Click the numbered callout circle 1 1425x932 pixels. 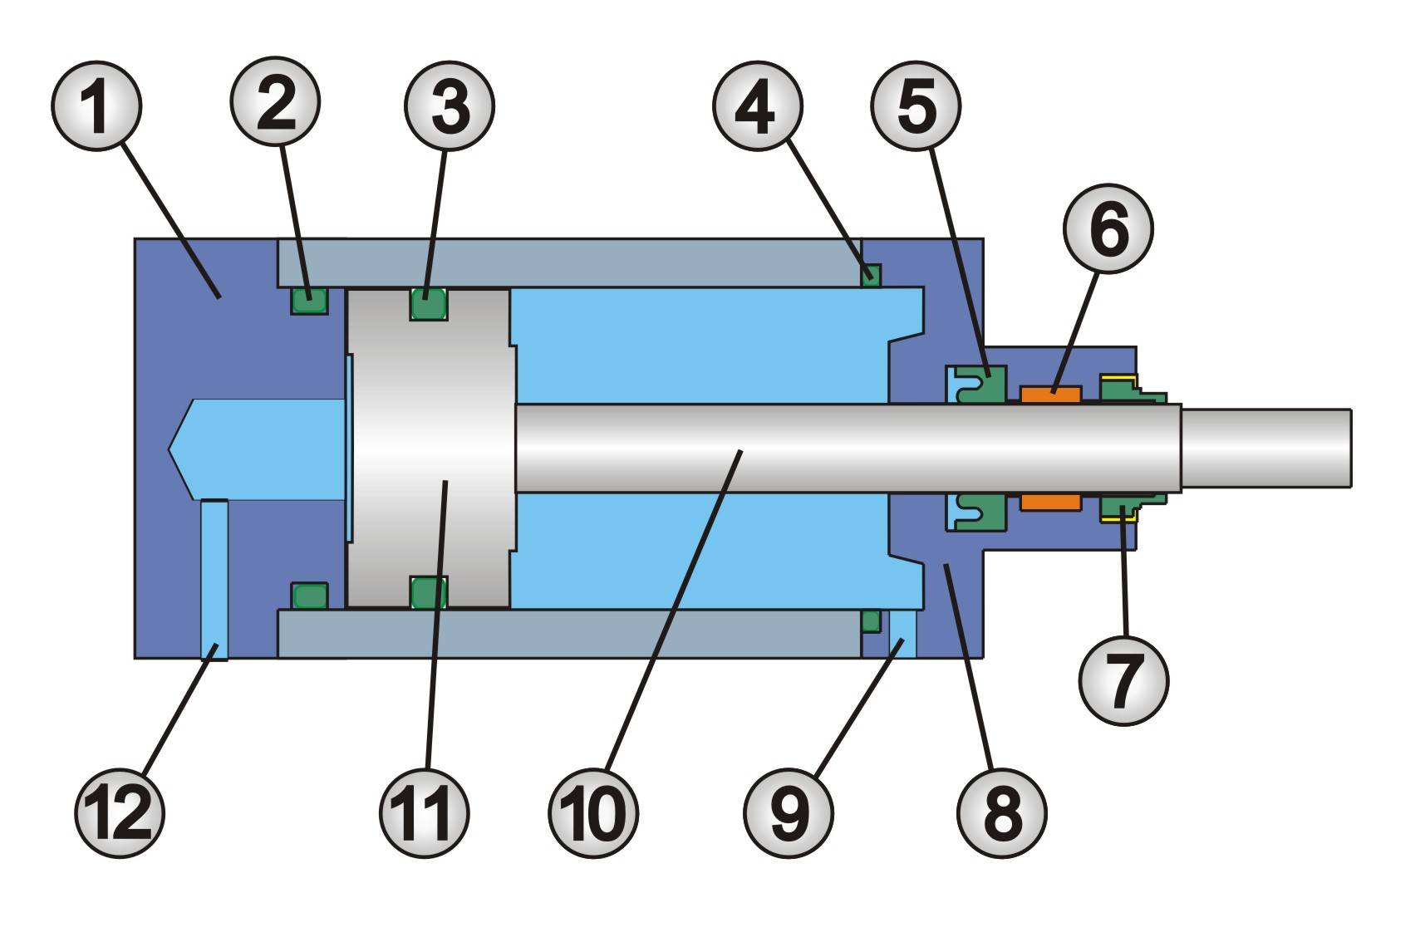(96, 105)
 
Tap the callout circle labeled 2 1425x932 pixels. (275, 102)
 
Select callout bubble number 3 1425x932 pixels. (450, 105)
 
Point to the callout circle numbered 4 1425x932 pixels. (757, 105)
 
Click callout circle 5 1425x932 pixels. (916, 105)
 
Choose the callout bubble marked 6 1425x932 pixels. (1109, 228)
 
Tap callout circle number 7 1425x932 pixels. (1123, 680)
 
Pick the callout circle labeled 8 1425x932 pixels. (1002, 813)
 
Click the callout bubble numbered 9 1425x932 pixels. (789, 812)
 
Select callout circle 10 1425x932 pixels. (594, 813)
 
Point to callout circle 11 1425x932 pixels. (425, 813)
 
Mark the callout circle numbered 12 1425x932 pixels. (120, 813)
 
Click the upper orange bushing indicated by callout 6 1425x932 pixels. (1050, 395)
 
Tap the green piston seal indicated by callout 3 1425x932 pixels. (429, 304)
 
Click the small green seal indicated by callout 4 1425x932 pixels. (871, 274)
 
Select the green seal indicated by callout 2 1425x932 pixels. (309, 299)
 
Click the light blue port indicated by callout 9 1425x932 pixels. (902, 633)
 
